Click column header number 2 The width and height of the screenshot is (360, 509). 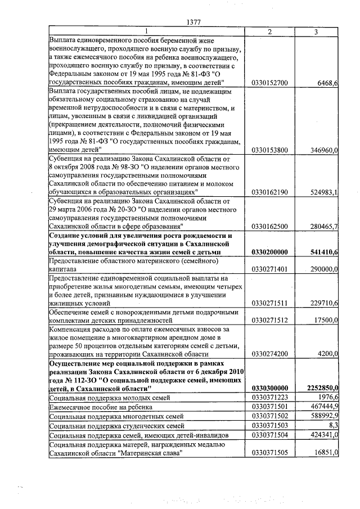(270, 31)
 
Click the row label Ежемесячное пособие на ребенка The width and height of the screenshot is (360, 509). (96, 406)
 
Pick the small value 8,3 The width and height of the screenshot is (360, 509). (332, 424)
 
